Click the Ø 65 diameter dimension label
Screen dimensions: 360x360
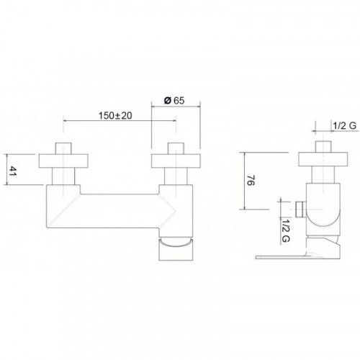coord(174,100)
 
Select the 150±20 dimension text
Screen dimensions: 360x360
coord(115,116)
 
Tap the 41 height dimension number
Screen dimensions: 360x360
coord(12,171)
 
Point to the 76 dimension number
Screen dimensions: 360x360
coord(251,181)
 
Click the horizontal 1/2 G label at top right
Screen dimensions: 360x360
coord(344,125)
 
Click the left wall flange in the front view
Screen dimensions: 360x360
coord(63,161)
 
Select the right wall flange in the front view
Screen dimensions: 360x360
coord(176,161)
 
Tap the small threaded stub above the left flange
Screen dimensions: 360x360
coord(63,148)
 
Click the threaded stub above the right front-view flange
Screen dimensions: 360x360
coord(176,148)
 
